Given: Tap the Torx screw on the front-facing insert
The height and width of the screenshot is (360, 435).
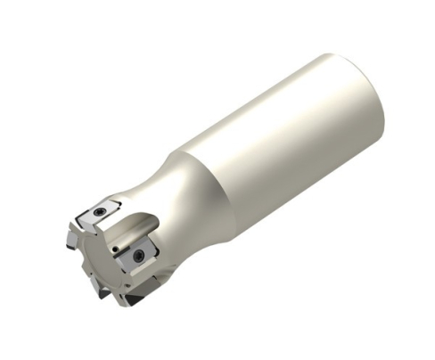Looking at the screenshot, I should (x=139, y=256).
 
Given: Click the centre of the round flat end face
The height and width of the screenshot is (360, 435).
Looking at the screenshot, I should (x=95, y=258).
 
